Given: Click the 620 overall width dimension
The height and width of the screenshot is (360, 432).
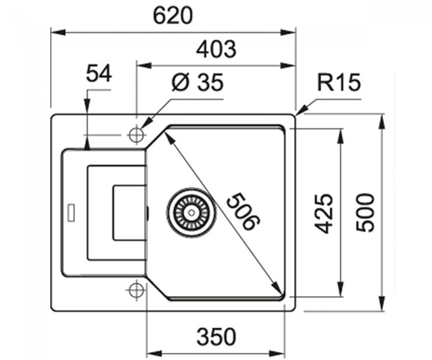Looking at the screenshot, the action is (172, 16).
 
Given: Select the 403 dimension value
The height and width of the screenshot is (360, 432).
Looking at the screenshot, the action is (216, 50).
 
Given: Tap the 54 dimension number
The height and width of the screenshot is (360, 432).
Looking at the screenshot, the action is (99, 74).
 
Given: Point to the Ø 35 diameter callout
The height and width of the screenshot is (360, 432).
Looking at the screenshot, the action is (197, 83).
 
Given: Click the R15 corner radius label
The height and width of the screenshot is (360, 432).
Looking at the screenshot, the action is (339, 82).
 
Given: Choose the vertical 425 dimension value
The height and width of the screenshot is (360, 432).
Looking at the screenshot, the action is (323, 213).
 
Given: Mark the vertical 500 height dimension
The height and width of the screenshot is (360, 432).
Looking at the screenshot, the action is (366, 212).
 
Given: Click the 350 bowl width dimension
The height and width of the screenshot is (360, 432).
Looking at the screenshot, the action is (217, 337).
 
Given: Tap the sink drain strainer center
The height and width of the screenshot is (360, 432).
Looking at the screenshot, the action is (191, 212).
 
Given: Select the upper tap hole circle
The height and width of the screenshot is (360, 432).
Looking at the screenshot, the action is (136, 135).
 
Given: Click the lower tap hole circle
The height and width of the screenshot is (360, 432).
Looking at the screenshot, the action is (136, 290).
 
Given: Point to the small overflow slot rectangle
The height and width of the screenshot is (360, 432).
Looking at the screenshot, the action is (72, 212).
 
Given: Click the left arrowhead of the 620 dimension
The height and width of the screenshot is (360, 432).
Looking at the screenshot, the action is (58, 33).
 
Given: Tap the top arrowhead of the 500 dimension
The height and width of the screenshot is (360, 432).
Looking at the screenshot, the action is (382, 121).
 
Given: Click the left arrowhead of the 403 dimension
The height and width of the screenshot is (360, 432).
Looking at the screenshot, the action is (144, 66).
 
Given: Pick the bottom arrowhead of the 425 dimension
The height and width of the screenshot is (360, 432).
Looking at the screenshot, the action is (341, 289).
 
